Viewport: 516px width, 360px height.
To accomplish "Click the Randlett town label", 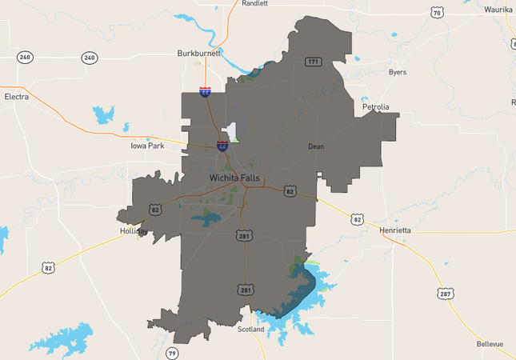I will pyautogui.click(x=254, y=3).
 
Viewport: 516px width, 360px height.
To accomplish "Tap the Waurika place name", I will pyautogui.click(x=498, y=10).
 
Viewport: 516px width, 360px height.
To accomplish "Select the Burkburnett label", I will pyautogui.click(x=198, y=54).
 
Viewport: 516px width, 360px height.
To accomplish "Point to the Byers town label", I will pyautogui.click(x=397, y=72).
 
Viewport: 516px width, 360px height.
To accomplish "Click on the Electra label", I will pyautogui.click(x=16, y=96).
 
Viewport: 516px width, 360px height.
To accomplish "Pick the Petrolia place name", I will pyautogui.click(x=375, y=106).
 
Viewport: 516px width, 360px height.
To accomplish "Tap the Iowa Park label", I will pyautogui.click(x=147, y=146).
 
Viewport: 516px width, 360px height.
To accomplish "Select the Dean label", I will pyautogui.click(x=315, y=147).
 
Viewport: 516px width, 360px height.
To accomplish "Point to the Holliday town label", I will pyautogui.click(x=134, y=231).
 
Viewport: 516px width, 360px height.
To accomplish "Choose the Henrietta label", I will pyautogui.click(x=394, y=230).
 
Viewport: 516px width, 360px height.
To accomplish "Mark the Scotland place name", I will pyautogui.click(x=250, y=329).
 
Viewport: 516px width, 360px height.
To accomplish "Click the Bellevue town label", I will pyautogui.click(x=490, y=344).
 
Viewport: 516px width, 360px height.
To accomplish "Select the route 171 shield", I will pyautogui.click(x=313, y=62).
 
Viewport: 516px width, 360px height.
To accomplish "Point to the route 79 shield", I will pyautogui.click(x=171, y=352).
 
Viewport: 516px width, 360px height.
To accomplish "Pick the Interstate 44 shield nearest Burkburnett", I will pyautogui.click(x=206, y=92).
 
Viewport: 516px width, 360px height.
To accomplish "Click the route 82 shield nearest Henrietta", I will pyautogui.click(x=357, y=218).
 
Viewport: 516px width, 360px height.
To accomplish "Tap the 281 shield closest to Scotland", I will pyautogui.click(x=246, y=288).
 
